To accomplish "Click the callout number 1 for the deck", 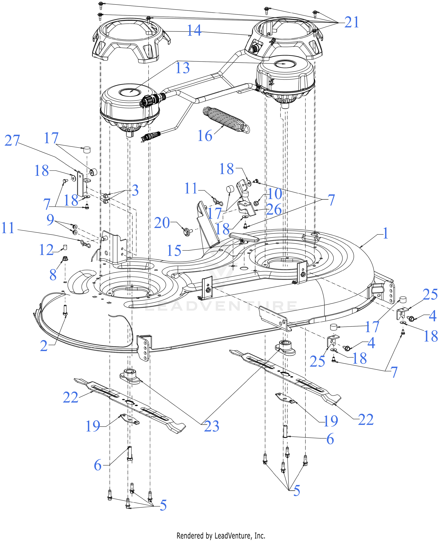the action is (386, 233).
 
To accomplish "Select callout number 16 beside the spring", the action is (205, 136).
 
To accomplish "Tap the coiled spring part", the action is (226, 120).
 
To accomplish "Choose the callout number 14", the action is (194, 30).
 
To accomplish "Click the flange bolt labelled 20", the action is (187, 232).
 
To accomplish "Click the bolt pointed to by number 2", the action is (65, 310).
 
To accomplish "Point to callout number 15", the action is (174, 251).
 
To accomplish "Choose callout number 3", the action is (135, 190).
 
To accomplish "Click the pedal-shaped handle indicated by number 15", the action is (244, 238).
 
